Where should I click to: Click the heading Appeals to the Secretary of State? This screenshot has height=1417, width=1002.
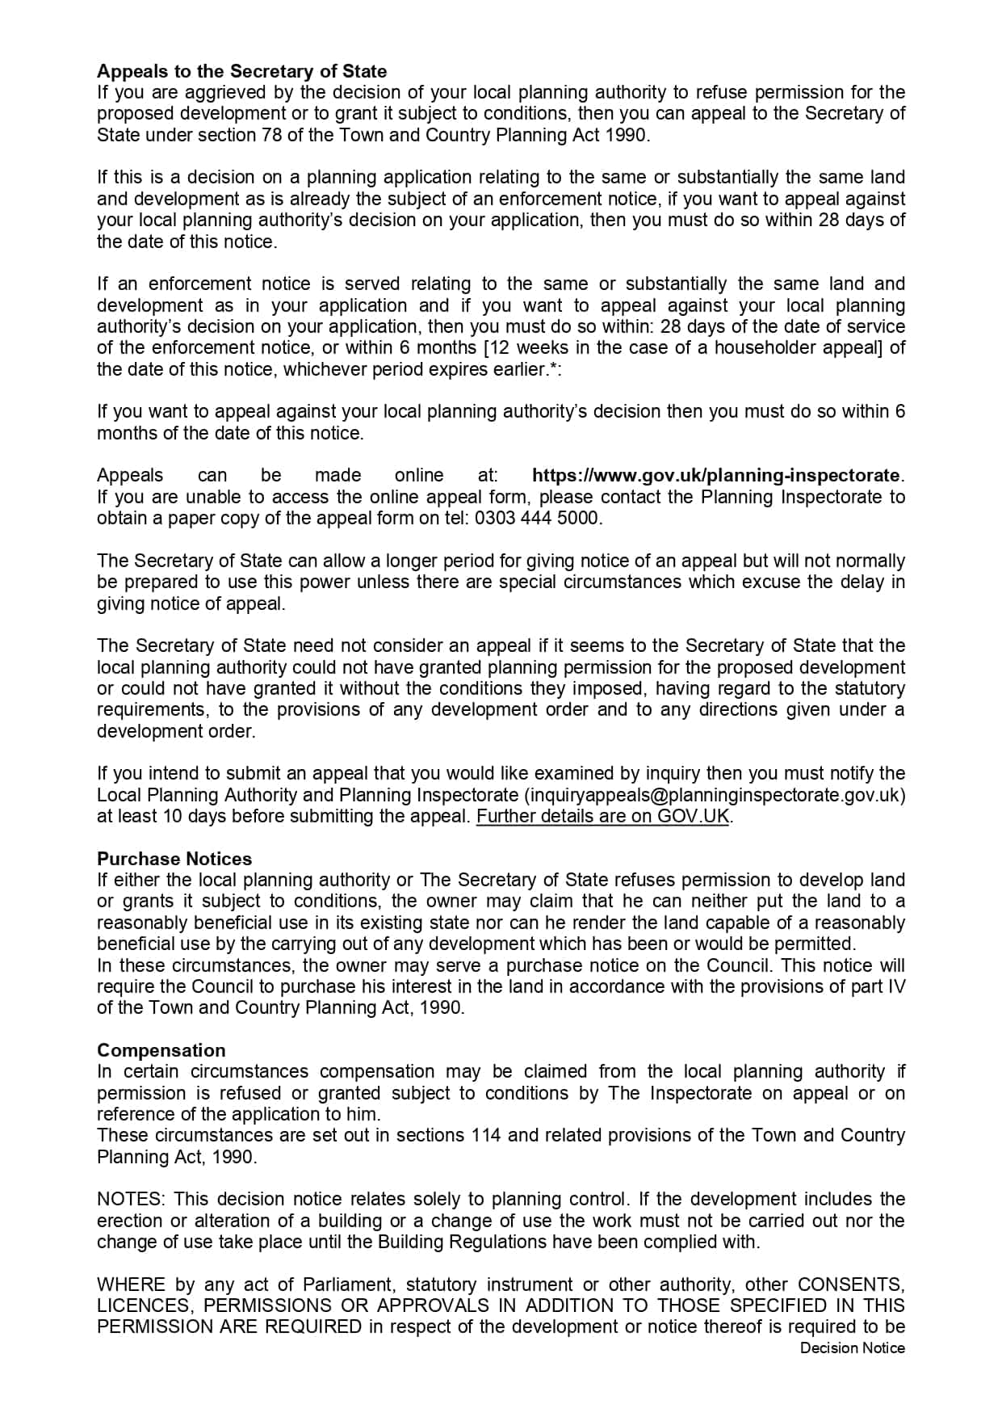click(241, 71)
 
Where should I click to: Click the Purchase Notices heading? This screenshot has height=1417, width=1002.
click(174, 859)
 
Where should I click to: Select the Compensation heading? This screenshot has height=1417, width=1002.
click(161, 1050)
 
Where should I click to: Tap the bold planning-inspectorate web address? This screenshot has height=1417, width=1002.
click(716, 475)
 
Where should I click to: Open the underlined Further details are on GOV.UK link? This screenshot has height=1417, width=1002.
click(602, 816)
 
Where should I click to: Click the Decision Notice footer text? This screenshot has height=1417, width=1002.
click(852, 1348)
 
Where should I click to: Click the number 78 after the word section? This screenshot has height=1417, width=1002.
click(272, 135)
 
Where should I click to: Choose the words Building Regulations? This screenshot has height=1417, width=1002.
click(461, 1242)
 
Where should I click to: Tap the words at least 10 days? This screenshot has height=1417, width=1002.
click(160, 816)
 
